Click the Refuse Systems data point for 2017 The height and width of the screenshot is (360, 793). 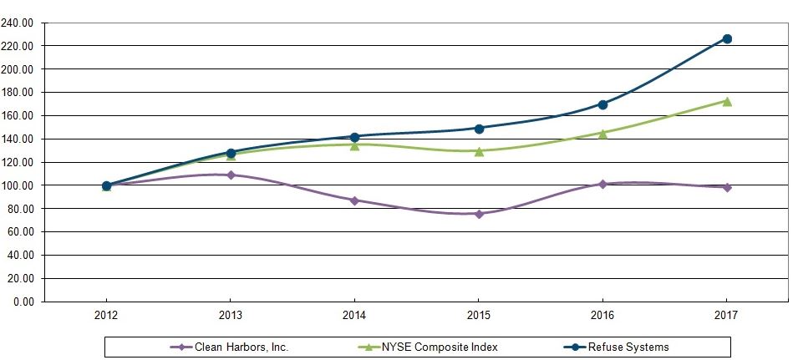727,38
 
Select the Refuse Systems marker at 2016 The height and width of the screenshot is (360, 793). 602,104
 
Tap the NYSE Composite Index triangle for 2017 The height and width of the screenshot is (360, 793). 727,101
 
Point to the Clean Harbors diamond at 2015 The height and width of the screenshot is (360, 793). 479,214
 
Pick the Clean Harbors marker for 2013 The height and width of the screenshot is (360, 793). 231,175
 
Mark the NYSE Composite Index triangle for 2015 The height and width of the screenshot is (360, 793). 479,151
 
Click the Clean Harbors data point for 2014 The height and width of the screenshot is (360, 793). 354,200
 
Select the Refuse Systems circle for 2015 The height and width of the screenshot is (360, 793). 479,129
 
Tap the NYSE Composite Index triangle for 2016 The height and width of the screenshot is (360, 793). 602,133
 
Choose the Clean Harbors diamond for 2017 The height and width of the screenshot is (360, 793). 727,187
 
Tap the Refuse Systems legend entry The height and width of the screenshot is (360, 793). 627,347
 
